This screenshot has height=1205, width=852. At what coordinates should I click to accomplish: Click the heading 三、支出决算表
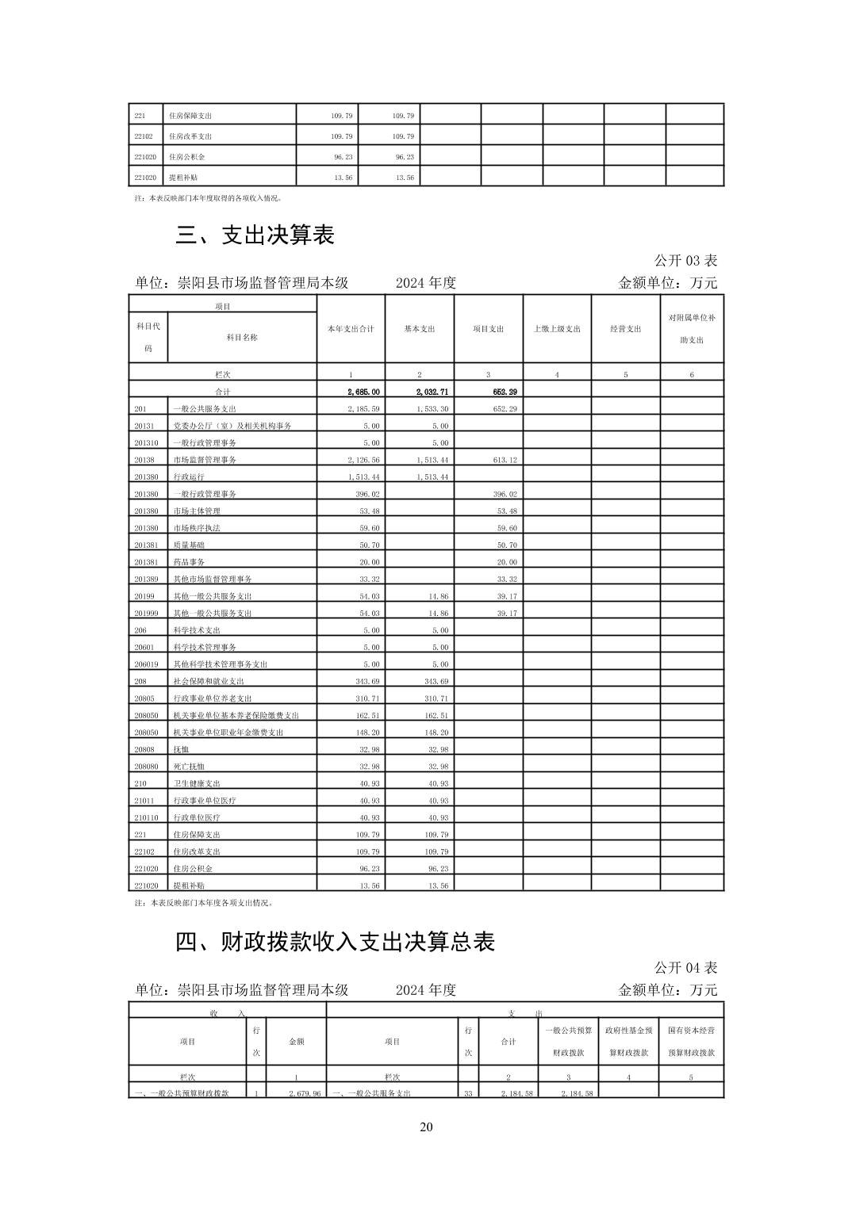[x=255, y=235]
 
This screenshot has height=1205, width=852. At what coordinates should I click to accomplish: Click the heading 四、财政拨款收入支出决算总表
[x=335, y=942]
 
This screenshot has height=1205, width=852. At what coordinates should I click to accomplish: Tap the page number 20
[x=426, y=1127]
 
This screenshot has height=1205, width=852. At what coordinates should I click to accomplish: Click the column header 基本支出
[x=420, y=329]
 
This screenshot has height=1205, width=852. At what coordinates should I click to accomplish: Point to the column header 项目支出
[x=488, y=329]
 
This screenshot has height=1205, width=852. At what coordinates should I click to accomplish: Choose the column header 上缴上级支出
[x=557, y=329]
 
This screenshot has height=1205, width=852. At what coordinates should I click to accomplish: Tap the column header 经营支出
[x=625, y=329]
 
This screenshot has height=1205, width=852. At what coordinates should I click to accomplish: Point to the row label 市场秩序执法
[x=197, y=528]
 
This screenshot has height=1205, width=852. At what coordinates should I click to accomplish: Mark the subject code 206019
[x=147, y=664]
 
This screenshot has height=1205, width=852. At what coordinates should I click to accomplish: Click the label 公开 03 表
[x=685, y=261]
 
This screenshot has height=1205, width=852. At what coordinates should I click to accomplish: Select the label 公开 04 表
[x=685, y=968]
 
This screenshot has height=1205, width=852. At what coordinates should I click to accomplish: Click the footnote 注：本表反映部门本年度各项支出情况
[x=204, y=902]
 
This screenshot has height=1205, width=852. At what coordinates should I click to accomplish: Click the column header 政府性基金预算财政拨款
[x=628, y=1042]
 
